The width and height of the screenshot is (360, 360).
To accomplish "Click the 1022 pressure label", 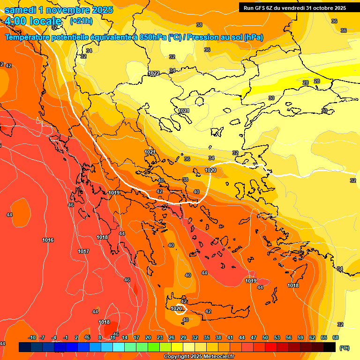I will point(154,74).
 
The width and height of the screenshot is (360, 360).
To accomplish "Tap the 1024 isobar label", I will point(184,111).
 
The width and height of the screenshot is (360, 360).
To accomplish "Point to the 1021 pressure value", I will point(150,152).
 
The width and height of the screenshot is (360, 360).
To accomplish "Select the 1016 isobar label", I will point(48,240).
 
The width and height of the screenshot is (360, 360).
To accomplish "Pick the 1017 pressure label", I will point(83,252).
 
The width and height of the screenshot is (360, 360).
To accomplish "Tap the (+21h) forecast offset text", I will point(81,21).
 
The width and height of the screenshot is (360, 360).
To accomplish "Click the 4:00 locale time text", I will point(33,21).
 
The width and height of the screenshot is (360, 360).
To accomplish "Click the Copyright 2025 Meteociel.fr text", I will point(199,357).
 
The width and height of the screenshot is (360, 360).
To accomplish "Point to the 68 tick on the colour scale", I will point(336,337).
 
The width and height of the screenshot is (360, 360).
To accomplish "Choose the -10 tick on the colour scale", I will point(32,337).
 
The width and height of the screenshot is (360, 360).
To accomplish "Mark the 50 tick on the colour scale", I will point(265,337).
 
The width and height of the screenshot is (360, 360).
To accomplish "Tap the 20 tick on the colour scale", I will point(148,337).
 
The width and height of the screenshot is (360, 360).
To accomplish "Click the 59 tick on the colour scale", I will point(300,337).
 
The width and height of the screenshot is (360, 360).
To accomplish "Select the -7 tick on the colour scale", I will point(42,337).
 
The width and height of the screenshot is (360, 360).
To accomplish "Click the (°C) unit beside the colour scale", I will point(344,348).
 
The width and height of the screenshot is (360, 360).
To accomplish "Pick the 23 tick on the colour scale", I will point(160,337).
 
